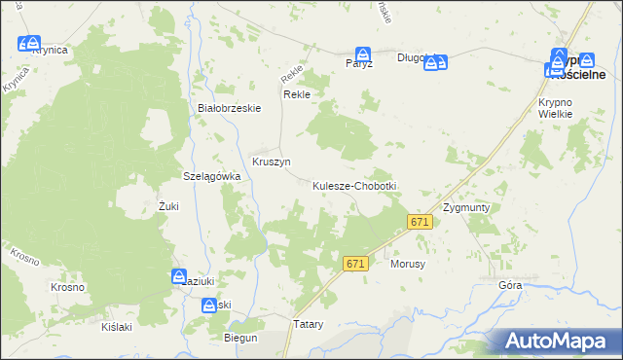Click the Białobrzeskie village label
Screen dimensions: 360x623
coord(229,108)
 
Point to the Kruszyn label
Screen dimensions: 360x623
coord(272,162)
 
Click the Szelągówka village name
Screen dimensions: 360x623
coord(211,176)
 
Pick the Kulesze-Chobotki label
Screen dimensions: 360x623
coord(355,185)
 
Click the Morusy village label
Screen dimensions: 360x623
coord(408,264)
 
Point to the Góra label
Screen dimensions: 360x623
coord(510,285)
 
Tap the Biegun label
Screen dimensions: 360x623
coord(240,338)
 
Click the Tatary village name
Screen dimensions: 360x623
coord(308,324)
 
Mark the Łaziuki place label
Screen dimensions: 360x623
coord(199,280)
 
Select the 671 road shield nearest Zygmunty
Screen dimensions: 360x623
coord(420,223)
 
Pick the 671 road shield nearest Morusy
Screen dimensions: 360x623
coord(355,264)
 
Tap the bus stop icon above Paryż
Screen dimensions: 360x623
coord(362,55)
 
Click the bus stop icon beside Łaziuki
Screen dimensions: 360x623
coord(179,277)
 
